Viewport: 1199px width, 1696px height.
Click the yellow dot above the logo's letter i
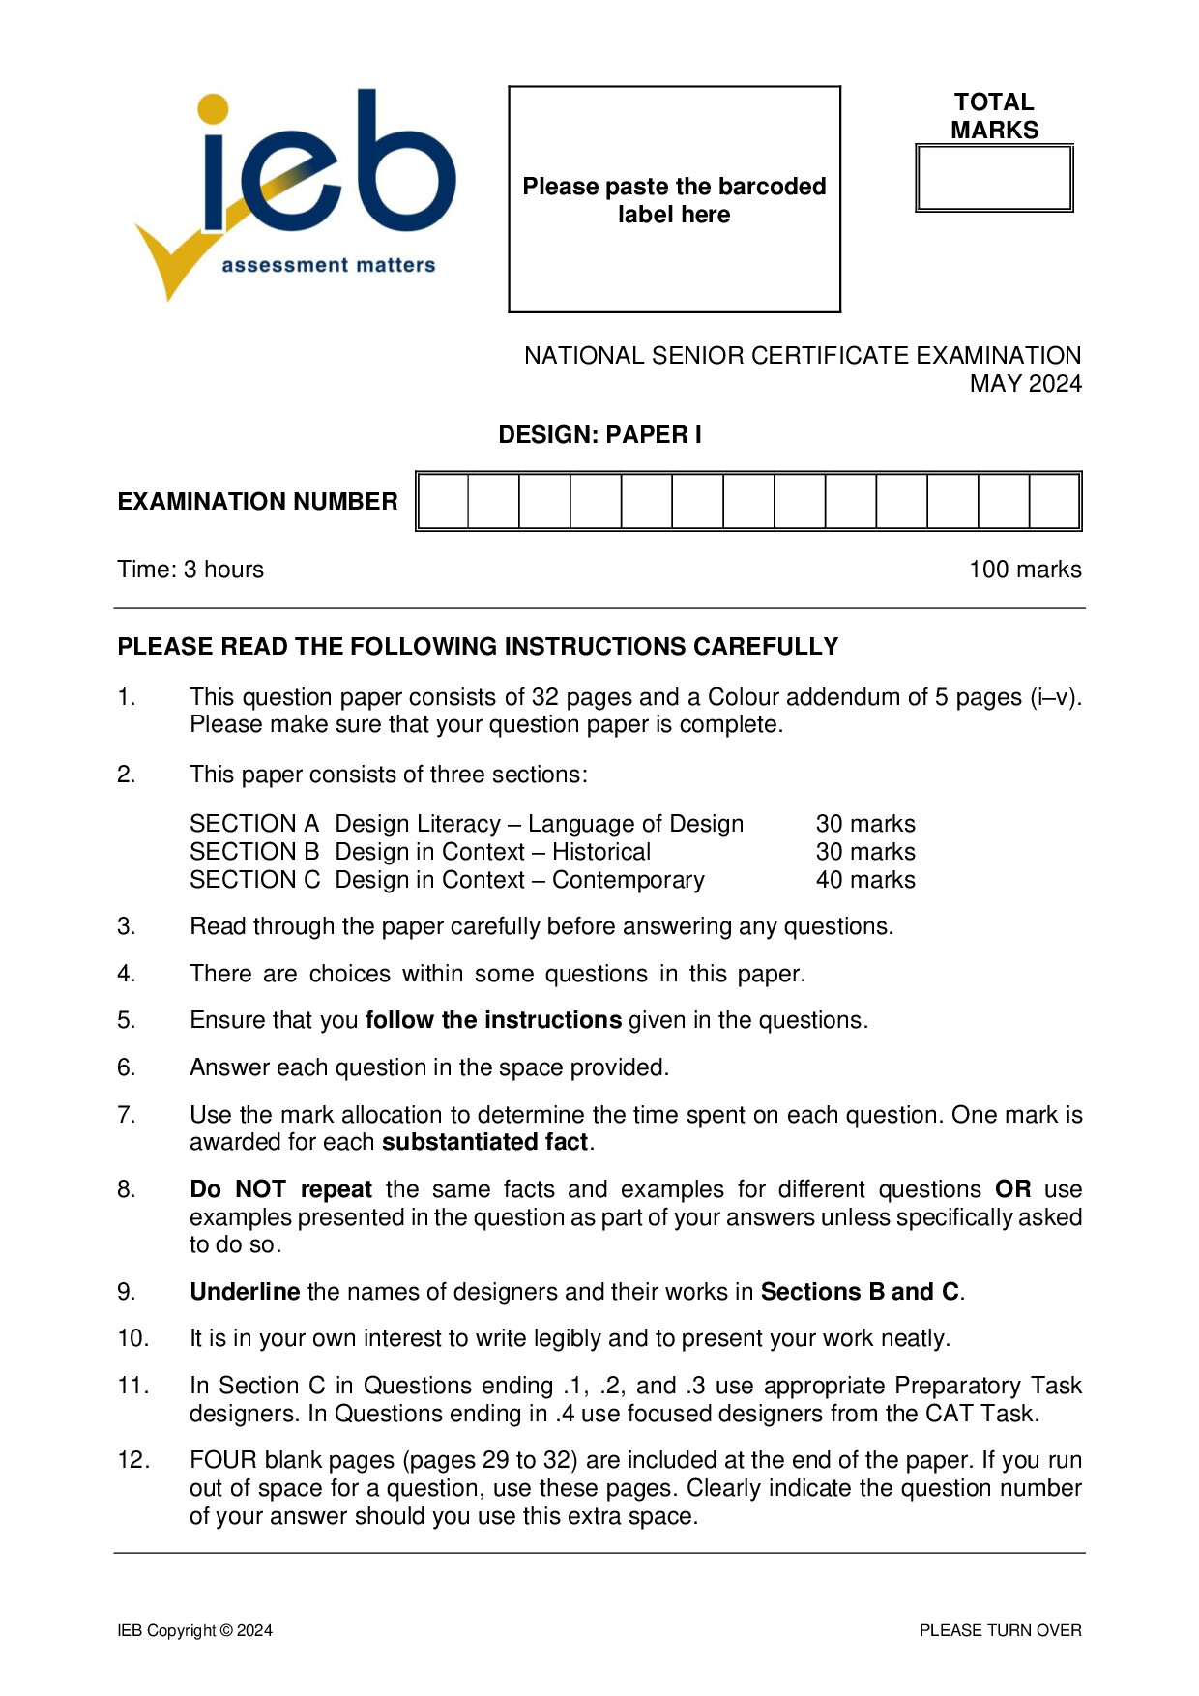pyautogui.click(x=213, y=109)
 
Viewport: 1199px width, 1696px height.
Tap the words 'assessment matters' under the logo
pyautogui.click(x=328, y=265)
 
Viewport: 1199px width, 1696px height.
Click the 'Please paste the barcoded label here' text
pyautogui.click(x=674, y=200)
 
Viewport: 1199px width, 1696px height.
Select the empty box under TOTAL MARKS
pyautogui.click(x=994, y=179)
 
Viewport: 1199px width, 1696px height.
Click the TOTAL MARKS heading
pyautogui.click(x=994, y=116)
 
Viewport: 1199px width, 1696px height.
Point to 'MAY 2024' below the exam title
pyautogui.click(x=1025, y=384)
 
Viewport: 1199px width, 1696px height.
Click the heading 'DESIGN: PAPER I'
pyautogui.click(x=599, y=435)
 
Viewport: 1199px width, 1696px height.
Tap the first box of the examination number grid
pyautogui.click(x=444, y=501)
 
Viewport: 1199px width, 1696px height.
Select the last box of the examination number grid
pyautogui.click(x=1054, y=501)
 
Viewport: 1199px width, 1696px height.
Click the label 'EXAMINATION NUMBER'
pyautogui.click(x=257, y=501)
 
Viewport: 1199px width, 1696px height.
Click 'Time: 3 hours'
pyautogui.click(x=190, y=570)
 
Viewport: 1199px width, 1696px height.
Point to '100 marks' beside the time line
pyautogui.click(x=1025, y=570)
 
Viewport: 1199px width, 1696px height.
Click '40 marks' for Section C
pyautogui.click(x=865, y=880)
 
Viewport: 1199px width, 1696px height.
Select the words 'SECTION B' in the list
pyautogui.click(x=254, y=852)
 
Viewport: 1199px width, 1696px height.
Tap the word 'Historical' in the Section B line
pyautogui.click(x=600, y=852)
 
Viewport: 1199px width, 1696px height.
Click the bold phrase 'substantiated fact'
pyautogui.click(x=485, y=1142)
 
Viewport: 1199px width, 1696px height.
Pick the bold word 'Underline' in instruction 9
pyautogui.click(x=245, y=1292)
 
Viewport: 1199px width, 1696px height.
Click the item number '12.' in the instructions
pyautogui.click(x=133, y=1460)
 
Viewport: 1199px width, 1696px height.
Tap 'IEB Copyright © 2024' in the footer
pyautogui.click(x=194, y=1630)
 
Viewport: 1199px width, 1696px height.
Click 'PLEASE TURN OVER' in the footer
pyautogui.click(x=1000, y=1630)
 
